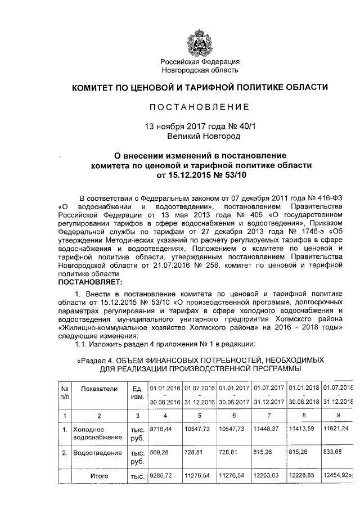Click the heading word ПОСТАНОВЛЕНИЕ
coord(200,107)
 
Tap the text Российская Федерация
coord(200,61)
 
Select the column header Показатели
coord(98,389)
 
